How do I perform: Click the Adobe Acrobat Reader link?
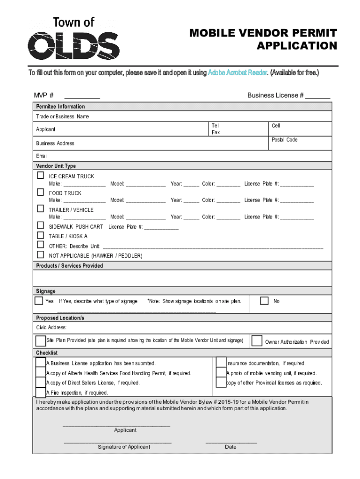point(237,73)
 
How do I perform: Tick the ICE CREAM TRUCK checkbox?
point(41,175)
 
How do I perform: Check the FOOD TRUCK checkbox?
point(41,192)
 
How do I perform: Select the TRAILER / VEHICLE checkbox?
point(41,209)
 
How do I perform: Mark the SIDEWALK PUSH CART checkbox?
point(41,226)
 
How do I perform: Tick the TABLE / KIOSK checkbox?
point(41,236)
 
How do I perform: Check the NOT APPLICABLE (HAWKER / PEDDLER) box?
point(41,255)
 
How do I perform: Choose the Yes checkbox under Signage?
point(39,300)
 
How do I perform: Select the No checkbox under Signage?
point(264,300)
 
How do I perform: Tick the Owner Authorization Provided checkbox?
point(257,341)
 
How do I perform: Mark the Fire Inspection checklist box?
point(41,392)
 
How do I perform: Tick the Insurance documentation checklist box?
point(221,363)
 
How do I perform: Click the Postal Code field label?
point(284,140)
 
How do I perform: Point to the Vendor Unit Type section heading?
point(56,166)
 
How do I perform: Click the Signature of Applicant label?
point(124,447)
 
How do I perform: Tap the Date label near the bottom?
point(230,447)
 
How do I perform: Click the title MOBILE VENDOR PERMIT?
point(263,33)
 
